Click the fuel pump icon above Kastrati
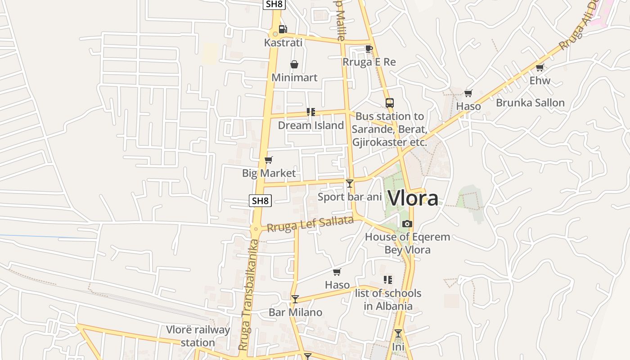pos(283,29)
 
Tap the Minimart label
pos(294,77)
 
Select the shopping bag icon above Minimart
pos(294,64)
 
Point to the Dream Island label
pos(310,125)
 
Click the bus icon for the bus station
pos(390,103)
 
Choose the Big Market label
pos(269,173)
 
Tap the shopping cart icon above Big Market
pos(269,160)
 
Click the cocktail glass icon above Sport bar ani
pos(350,183)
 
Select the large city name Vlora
pos(413,198)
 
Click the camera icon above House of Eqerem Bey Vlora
pos(407,224)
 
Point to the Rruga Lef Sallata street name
pos(310,224)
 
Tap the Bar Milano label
pos(295,312)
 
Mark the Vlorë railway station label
pos(198,336)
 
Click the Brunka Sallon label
pos(530,103)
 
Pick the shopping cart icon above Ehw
pos(540,67)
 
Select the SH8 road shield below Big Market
pos(260,201)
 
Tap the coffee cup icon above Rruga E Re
pos(369,49)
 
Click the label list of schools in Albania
pos(388,300)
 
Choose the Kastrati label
pos(283,43)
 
